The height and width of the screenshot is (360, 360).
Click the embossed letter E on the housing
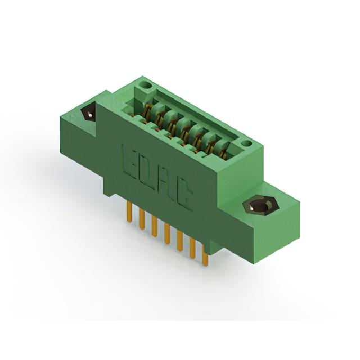click(x=130, y=161)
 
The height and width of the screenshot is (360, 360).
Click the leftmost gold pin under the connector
click(x=130, y=211)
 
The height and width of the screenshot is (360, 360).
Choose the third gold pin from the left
click(x=155, y=226)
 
